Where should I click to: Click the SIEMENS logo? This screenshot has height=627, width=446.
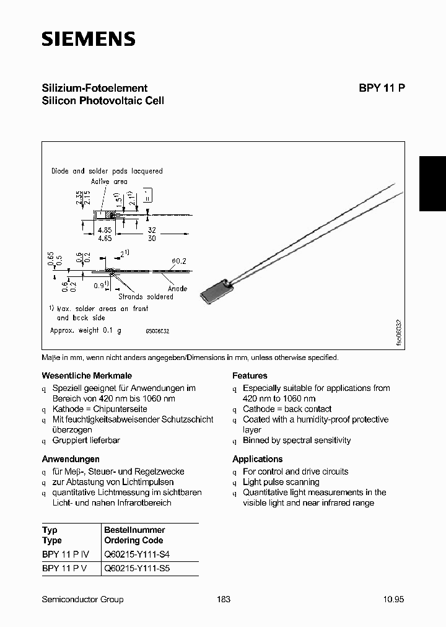click(88, 39)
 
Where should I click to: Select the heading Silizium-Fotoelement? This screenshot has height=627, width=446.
click(94, 88)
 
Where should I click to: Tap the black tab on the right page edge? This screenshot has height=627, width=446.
click(432, 183)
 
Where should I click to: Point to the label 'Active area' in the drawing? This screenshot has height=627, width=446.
click(109, 182)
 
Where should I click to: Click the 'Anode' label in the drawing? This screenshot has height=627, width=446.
click(177, 289)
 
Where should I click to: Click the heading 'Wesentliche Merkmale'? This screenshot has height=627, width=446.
click(86, 375)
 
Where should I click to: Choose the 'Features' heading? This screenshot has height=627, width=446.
click(250, 375)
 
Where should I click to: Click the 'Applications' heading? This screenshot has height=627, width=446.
click(257, 459)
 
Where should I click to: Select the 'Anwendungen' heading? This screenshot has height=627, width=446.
click(71, 459)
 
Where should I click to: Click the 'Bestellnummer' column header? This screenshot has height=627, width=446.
click(134, 530)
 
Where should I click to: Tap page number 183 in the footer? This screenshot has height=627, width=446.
click(224, 599)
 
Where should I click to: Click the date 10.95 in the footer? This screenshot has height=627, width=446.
click(393, 599)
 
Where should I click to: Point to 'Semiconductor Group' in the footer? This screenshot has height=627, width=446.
click(82, 599)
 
